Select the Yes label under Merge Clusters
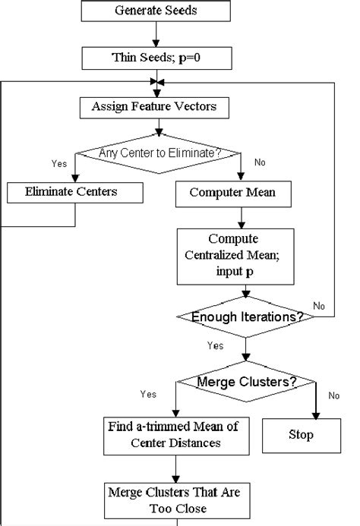point(148,394)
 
